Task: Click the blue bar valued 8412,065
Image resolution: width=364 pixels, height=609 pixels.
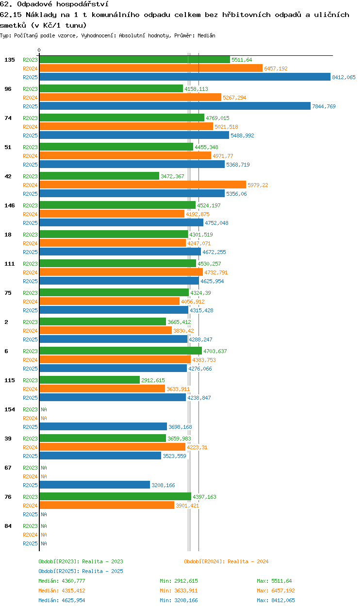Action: (185, 77)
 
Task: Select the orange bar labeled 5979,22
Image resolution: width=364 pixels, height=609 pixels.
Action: (143, 185)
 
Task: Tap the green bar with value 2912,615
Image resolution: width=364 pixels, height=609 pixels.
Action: (90, 380)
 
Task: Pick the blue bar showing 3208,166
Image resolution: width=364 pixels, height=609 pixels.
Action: (95, 485)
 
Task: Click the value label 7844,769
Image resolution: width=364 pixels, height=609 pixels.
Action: (324, 106)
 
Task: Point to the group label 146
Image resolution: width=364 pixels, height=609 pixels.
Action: (10, 205)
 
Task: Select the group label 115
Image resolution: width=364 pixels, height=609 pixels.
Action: (10, 380)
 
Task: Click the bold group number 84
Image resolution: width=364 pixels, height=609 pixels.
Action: (8, 526)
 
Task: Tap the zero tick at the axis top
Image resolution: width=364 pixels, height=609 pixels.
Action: (39, 50)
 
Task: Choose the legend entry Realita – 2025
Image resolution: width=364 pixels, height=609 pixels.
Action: (81, 571)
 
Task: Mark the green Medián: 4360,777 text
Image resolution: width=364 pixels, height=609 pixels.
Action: (62, 581)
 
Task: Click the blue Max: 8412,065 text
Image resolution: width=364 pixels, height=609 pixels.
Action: (276, 600)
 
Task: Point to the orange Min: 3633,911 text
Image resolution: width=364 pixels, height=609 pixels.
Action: (179, 591)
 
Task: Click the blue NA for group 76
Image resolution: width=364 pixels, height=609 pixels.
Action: (44, 514)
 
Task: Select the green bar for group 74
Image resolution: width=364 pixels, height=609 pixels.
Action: (122, 118)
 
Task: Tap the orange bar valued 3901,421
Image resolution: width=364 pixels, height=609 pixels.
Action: (107, 506)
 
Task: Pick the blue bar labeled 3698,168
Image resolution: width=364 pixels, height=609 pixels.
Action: (103, 426)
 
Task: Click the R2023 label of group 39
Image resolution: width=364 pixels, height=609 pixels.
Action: (30, 439)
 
